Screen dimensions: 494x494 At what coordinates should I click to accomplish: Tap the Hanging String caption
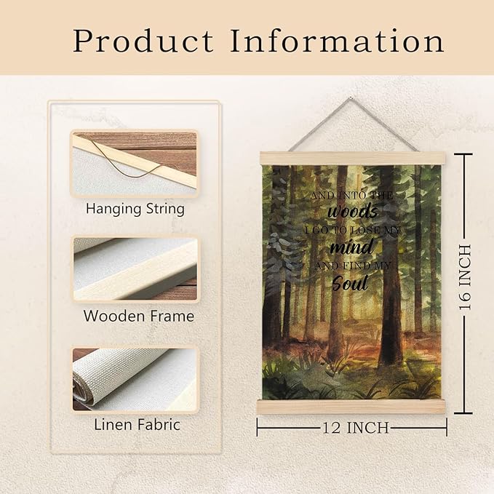click(x=135, y=209)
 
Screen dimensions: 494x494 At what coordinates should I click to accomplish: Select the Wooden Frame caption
click(x=138, y=316)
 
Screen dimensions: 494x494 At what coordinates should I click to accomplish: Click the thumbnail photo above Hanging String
click(x=134, y=163)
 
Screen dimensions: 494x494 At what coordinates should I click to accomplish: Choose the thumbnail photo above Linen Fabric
click(x=134, y=378)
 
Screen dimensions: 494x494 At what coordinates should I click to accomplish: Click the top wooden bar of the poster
click(x=351, y=158)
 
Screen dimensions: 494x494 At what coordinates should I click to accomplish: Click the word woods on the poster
click(x=352, y=212)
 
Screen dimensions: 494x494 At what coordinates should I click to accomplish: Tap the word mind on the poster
click(x=351, y=248)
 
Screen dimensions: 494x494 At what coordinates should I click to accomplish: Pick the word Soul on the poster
click(x=350, y=283)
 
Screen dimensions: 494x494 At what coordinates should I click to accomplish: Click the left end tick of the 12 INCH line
click(x=258, y=427)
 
